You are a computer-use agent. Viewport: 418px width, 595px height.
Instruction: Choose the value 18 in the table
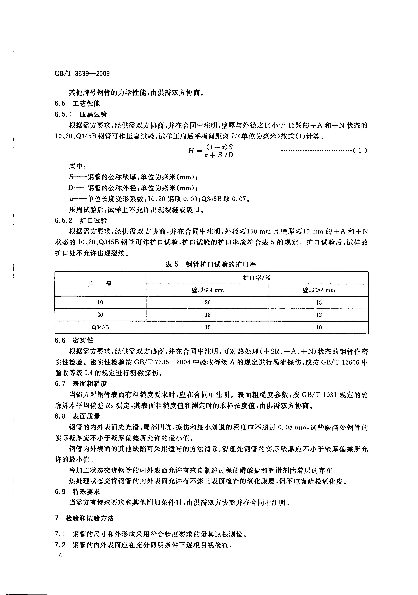point(208,315)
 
